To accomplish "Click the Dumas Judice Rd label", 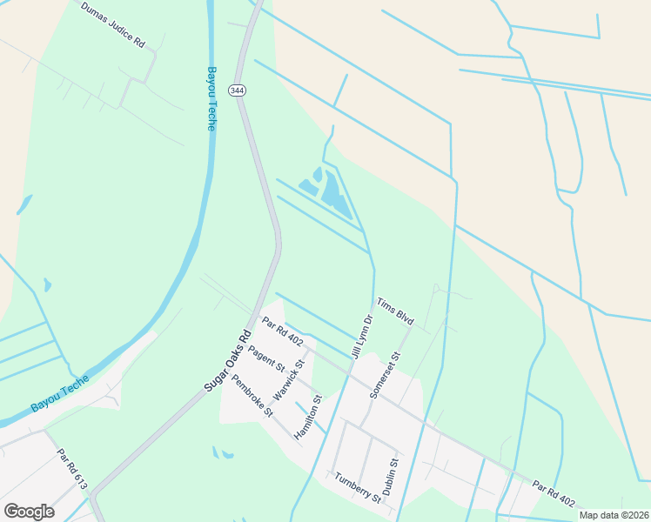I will (113, 24).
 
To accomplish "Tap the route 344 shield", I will (236, 90).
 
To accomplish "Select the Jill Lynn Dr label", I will (361, 335).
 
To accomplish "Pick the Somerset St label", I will (384, 375).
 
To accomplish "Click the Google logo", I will (29, 511).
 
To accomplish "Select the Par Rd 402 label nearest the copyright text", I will (554, 496).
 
